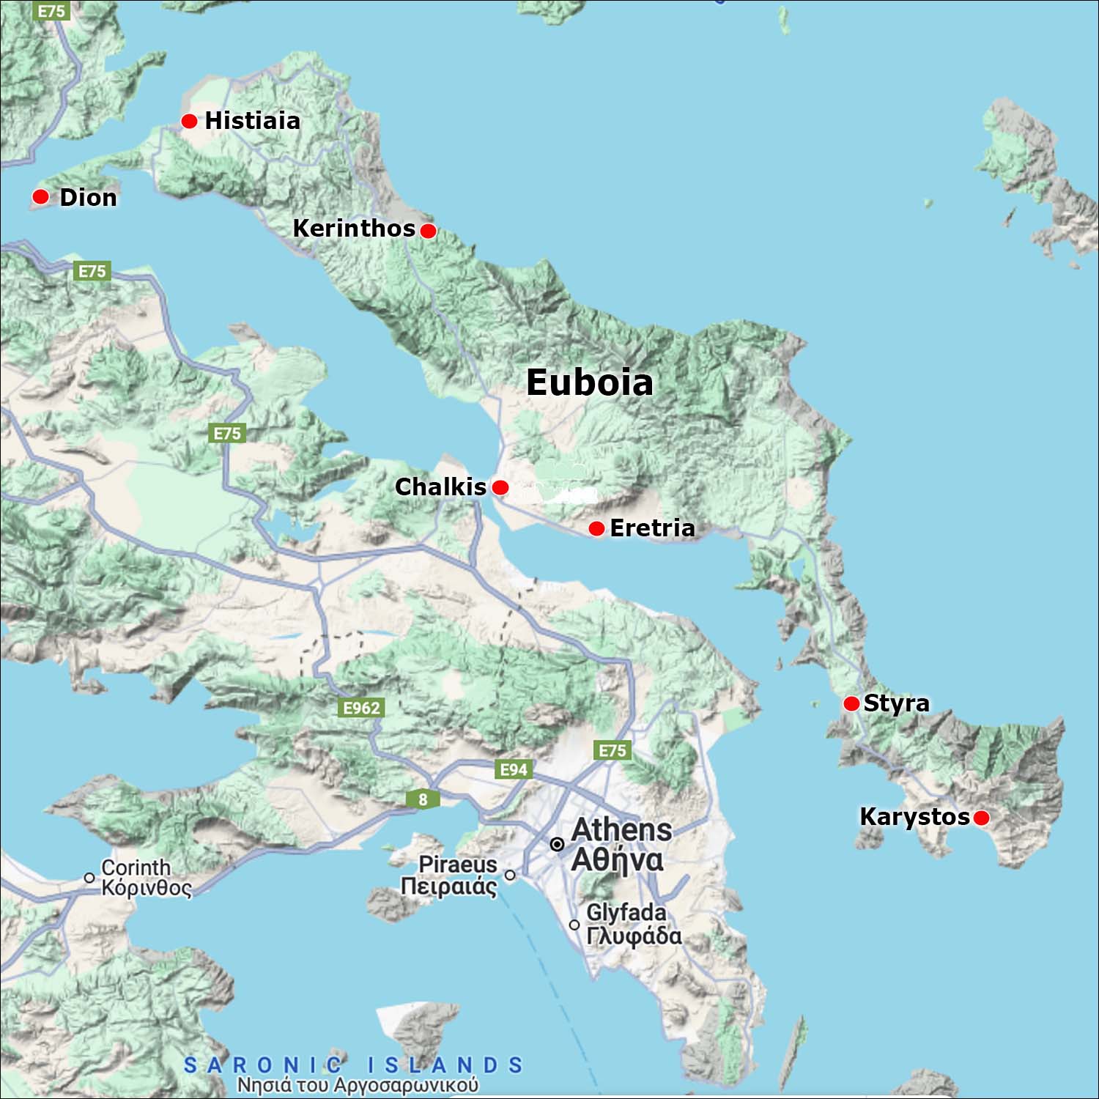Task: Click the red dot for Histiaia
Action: tap(189, 121)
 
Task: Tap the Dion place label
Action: tap(88, 197)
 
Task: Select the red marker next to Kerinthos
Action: tap(429, 231)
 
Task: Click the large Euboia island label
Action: tap(589, 382)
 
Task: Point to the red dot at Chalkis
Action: tap(500, 487)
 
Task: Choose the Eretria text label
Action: tap(652, 528)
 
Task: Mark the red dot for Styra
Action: tap(851, 703)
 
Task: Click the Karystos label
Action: tap(914, 816)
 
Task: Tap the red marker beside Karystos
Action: tap(981, 818)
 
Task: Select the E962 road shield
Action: tap(362, 708)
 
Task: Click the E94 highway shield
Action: tap(514, 769)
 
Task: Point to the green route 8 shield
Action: tap(423, 799)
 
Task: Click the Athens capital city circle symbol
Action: tap(557, 845)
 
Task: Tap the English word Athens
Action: tap(621, 830)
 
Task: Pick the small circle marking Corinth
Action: tap(89, 877)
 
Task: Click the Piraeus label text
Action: tap(457, 865)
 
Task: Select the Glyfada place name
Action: tap(626, 912)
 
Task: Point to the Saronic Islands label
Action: tap(353, 1065)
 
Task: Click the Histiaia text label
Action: tap(252, 120)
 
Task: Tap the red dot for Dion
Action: tap(40, 196)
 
